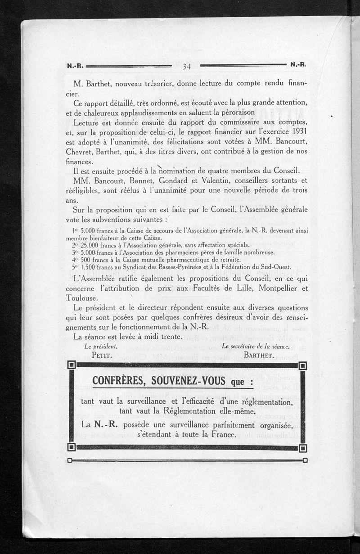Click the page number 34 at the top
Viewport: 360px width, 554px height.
coord(187,67)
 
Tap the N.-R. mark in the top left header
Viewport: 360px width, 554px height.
coord(75,65)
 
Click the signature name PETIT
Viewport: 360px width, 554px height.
coord(102,355)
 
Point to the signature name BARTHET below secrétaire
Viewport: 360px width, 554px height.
coord(259,355)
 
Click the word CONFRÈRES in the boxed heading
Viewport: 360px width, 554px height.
coord(118,381)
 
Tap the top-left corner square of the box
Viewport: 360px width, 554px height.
coord(71,365)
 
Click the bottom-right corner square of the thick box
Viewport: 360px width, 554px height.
coord(303,448)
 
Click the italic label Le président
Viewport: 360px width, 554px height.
coord(101,346)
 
